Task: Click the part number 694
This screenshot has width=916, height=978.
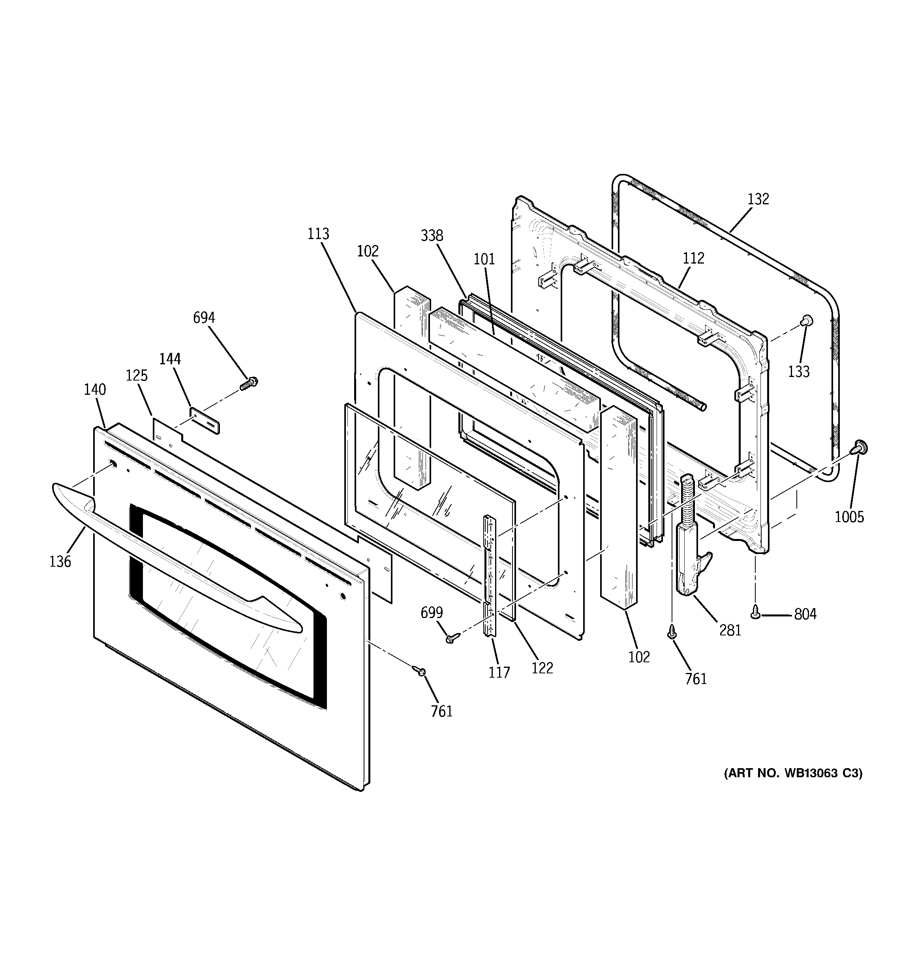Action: click(204, 318)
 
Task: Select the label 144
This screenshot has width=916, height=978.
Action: click(170, 359)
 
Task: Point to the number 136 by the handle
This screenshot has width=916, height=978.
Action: click(60, 562)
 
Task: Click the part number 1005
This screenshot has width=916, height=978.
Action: click(849, 516)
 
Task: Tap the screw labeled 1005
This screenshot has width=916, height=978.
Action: click(860, 447)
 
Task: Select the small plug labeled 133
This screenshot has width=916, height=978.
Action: click(806, 321)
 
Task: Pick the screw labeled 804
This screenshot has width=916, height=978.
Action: click(756, 613)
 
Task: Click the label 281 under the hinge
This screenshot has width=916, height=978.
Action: click(730, 630)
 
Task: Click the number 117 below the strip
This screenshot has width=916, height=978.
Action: click(499, 672)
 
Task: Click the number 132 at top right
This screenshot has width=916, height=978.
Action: click(758, 199)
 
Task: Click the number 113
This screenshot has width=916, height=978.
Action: click(318, 234)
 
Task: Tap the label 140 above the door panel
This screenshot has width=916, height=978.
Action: click(94, 390)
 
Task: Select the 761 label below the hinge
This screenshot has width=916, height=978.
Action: click(696, 679)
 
